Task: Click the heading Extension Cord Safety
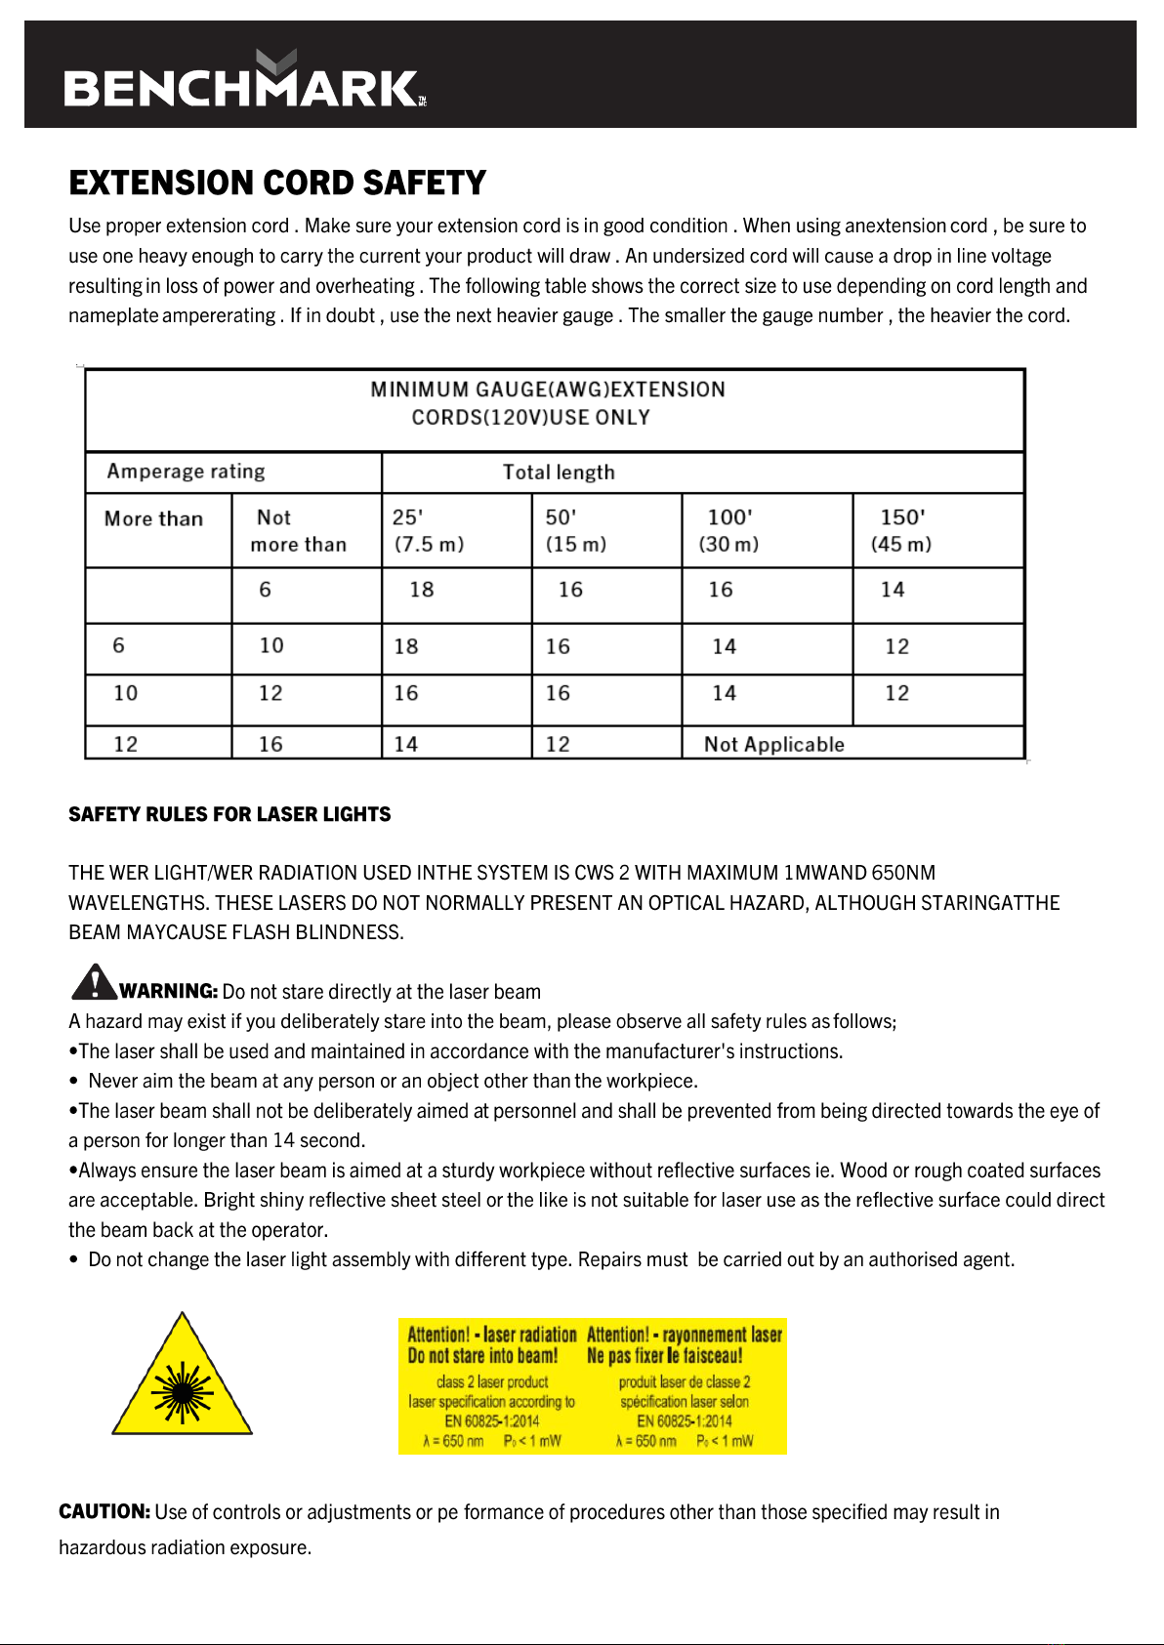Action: (x=277, y=184)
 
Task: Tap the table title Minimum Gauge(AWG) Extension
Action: (x=547, y=391)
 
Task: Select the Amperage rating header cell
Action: (x=186, y=472)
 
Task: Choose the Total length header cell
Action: (x=559, y=473)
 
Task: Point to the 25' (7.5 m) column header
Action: (x=428, y=530)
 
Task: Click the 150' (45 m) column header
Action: (x=901, y=530)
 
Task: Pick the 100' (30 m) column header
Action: (x=728, y=530)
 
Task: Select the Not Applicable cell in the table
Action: (x=773, y=745)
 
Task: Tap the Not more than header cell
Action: (x=298, y=530)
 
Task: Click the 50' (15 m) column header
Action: (x=575, y=530)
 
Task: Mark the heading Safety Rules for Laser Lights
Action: (x=229, y=814)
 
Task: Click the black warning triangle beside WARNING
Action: (x=94, y=982)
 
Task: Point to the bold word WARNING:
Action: (x=168, y=991)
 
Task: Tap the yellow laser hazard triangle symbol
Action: (x=182, y=1380)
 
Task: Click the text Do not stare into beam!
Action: (x=482, y=1356)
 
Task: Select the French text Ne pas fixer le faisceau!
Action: (x=664, y=1356)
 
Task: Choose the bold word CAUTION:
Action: (x=104, y=1511)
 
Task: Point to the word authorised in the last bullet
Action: (x=913, y=1260)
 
